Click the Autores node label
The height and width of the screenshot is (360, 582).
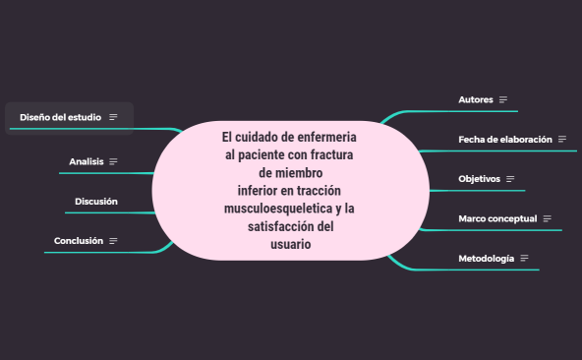[476, 99]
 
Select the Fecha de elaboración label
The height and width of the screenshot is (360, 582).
[505, 139]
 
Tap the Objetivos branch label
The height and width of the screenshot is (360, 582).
[479, 178]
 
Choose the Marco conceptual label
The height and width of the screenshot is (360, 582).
[497, 218]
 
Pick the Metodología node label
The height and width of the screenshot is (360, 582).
[486, 258]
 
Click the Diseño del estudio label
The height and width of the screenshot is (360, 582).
[60, 117]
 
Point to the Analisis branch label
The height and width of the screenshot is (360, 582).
[87, 161]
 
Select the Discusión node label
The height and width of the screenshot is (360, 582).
[96, 201]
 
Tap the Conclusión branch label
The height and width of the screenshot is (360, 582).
[79, 240]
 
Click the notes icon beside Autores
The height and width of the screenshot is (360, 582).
[503, 99]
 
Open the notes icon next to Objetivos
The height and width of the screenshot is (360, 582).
[510, 179]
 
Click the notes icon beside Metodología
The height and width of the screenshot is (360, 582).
[525, 258]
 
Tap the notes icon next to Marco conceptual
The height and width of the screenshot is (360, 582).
[547, 218]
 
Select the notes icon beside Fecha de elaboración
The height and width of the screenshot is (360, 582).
[562, 139]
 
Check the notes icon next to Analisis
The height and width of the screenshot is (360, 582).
[113, 161]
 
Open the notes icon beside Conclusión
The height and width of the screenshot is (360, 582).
[113, 240]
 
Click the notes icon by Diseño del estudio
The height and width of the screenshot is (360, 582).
[113, 117]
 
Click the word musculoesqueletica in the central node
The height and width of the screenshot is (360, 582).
[276, 210]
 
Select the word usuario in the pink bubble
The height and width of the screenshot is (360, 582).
[290, 245]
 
